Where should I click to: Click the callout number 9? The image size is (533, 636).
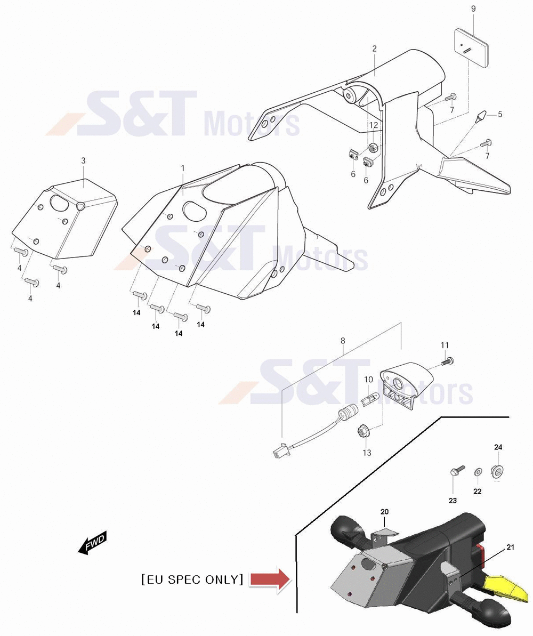pos(473,9)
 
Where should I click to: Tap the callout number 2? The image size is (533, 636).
pos(374,49)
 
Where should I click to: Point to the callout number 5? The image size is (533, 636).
pos(500,115)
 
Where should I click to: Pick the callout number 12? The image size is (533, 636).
pos(374,125)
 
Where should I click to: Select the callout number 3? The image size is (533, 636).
pos(84,160)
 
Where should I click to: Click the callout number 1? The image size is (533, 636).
pos(183,168)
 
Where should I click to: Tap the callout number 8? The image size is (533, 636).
pos(343,341)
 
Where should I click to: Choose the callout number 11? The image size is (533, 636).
pos(445,345)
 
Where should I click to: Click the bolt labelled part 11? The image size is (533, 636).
pos(447,360)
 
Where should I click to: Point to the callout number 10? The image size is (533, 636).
pos(368,380)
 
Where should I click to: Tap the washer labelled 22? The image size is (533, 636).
pos(478,472)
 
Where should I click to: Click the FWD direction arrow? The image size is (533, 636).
pos(93,542)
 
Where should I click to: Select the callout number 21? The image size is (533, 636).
pos(510,547)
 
